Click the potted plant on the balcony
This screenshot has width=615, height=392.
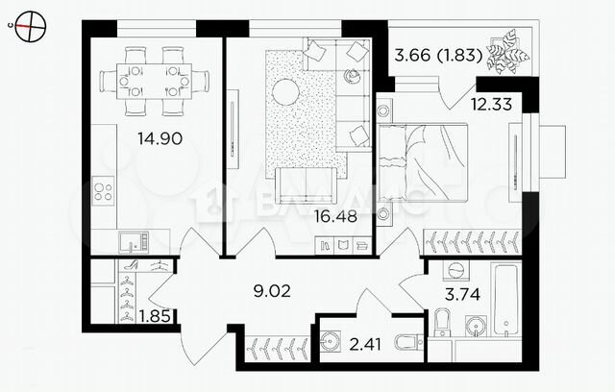pyautogui.click(x=505, y=53)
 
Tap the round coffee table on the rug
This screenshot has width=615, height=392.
pyautogui.click(x=285, y=93)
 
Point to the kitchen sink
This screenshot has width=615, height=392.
pyautogui.click(x=130, y=242)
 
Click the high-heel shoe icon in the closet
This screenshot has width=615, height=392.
pyautogui.click(x=130, y=273)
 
